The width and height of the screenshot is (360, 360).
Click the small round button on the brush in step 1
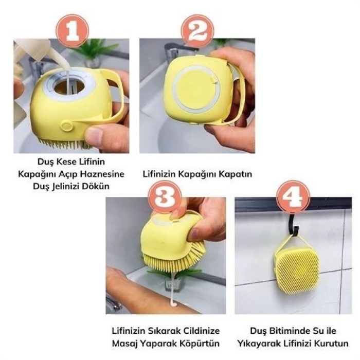coord(67,125)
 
